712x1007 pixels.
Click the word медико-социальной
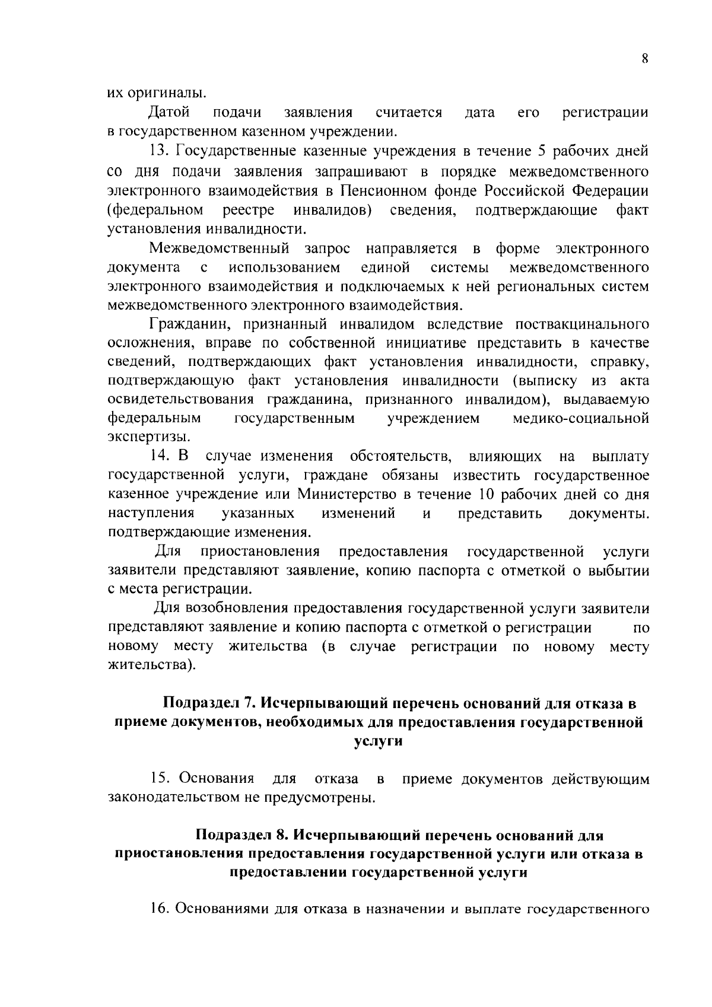click(x=580, y=419)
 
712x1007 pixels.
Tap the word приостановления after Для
click(x=261, y=552)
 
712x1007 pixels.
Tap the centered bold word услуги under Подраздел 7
click(x=378, y=741)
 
